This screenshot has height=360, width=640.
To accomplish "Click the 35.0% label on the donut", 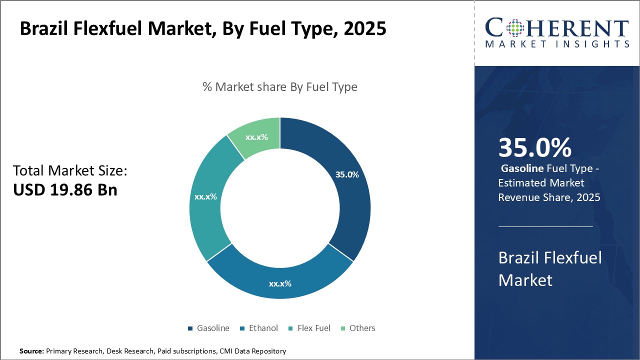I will (347, 174).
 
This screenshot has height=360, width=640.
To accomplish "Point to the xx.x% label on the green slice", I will (256, 137).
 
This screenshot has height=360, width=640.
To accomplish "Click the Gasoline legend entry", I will (209, 328).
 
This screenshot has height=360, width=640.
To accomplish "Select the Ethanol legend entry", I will (259, 328).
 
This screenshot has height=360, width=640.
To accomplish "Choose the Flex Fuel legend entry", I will (309, 328).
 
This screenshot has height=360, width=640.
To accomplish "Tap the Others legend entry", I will (357, 328).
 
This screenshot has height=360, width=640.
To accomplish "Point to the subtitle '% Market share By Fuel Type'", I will (280, 87).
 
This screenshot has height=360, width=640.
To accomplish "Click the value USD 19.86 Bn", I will (65, 190).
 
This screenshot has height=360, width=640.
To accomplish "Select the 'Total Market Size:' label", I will (70, 171).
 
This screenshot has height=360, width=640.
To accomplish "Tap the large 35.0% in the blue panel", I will (534, 147).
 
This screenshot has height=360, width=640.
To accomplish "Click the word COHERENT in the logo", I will (557, 28).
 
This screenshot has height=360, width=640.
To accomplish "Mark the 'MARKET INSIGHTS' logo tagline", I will (557, 44).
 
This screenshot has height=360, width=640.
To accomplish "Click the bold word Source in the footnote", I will (31, 351).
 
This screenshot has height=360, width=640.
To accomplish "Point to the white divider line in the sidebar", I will (545, 226).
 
